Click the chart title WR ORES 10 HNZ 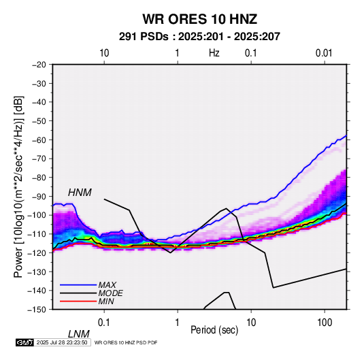(199, 19)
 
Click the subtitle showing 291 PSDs (199, 37)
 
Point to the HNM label (80, 193)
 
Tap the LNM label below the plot (78, 334)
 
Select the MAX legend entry (107, 284)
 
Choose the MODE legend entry (110, 293)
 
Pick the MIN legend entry (106, 301)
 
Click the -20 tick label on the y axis (39, 65)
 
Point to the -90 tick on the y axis (39, 196)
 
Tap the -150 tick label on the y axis (37, 310)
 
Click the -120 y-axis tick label (37, 252)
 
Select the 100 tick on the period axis (325, 323)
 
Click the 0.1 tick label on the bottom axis (103, 323)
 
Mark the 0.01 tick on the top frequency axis (324, 53)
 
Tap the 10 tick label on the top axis (104, 53)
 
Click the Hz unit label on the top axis (214, 53)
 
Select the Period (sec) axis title (214, 330)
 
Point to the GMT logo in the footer (24, 342)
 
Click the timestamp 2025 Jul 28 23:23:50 (62, 342)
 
